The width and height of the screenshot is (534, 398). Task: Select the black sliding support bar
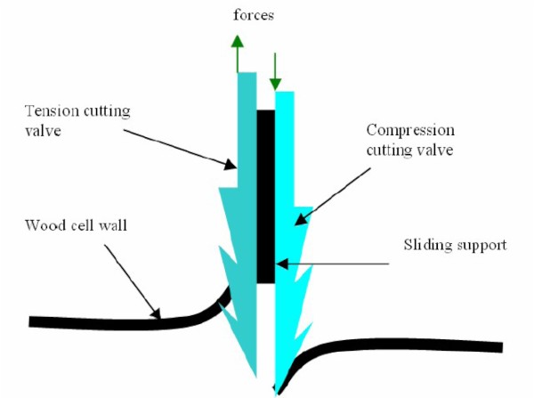click(265, 196)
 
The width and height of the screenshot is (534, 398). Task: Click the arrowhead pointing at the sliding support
click(279, 263)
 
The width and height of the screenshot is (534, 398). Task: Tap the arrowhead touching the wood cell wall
click(159, 313)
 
